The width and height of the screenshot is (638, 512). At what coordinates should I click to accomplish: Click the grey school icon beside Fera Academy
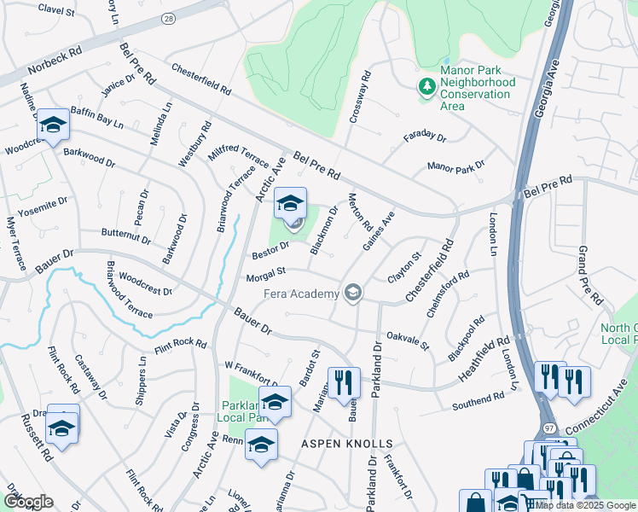(x=352, y=294)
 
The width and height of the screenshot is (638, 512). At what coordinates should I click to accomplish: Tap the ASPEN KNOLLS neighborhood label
(x=346, y=445)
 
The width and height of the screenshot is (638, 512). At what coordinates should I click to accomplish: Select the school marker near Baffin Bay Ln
(x=53, y=126)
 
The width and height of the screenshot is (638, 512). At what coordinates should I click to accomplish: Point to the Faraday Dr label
(x=424, y=137)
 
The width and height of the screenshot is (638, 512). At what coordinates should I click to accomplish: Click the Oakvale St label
(x=407, y=340)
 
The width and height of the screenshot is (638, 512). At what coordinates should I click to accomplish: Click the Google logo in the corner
(x=28, y=501)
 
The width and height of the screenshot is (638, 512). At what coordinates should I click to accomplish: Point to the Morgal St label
(x=264, y=276)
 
